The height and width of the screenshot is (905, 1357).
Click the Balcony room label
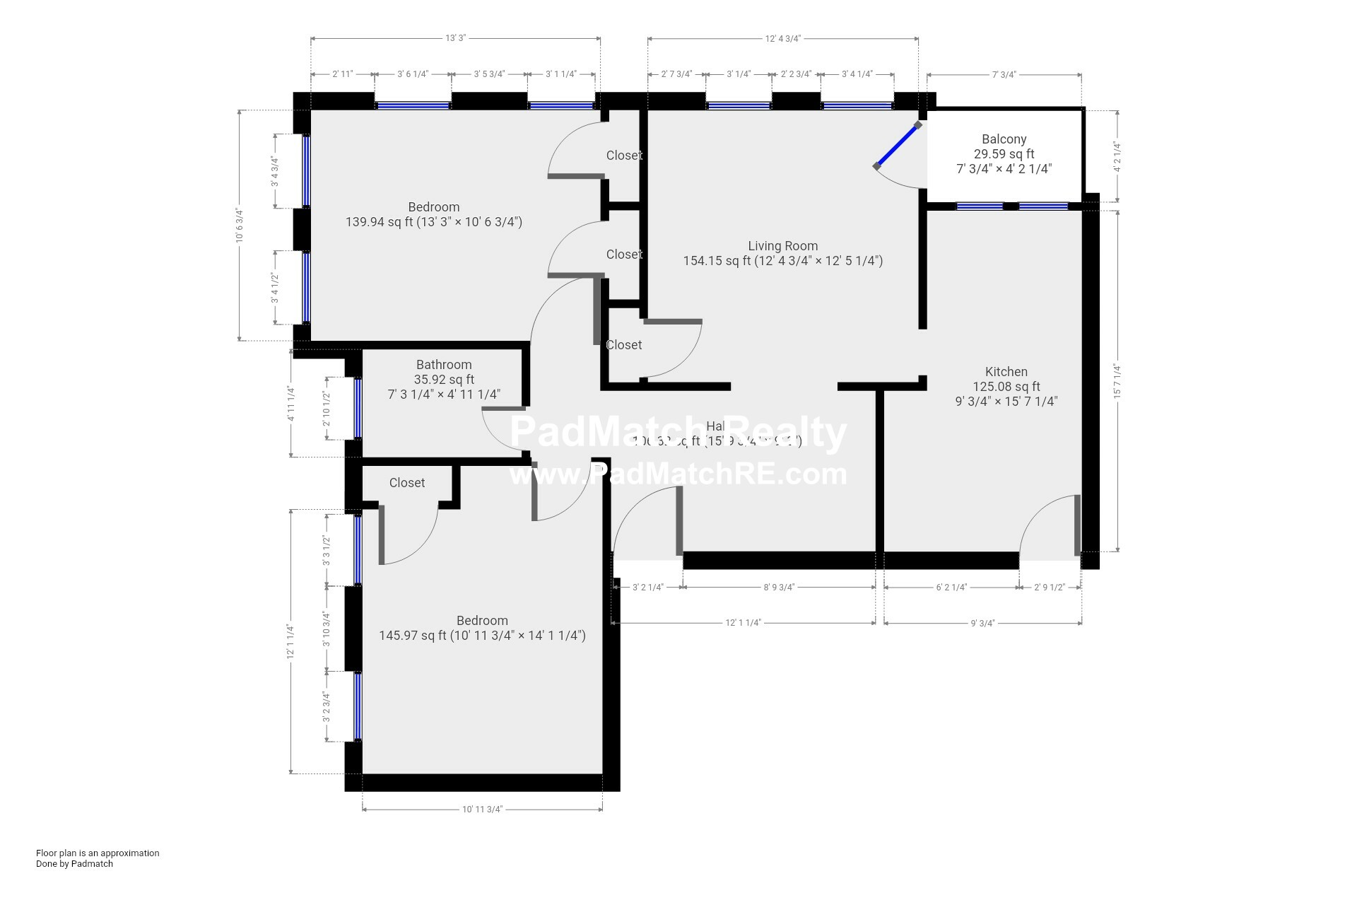pos(1004,139)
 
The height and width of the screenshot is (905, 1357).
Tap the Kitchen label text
pos(1006,372)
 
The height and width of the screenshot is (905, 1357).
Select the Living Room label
pos(782,246)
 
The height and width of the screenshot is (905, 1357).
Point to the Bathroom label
pos(444,365)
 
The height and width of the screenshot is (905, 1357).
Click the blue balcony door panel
pos(897,145)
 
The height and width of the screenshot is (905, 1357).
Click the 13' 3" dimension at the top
pos(455,39)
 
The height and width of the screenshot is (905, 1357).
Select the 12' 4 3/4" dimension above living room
pos(782,39)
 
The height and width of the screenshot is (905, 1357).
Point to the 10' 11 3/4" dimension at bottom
pos(482,810)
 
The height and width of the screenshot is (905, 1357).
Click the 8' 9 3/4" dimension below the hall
pos(779,587)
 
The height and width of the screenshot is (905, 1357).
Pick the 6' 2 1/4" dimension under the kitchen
pos(951,587)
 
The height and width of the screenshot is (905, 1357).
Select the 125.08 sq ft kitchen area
pos(1006,387)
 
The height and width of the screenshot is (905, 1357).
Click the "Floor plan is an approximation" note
pos(98,853)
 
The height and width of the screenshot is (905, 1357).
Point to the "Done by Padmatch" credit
pos(74,863)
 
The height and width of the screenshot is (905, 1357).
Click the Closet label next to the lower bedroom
pos(407,483)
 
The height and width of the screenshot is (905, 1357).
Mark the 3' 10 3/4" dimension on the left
pos(326,629)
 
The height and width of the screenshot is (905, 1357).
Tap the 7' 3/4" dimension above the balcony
pos(1004,74)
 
